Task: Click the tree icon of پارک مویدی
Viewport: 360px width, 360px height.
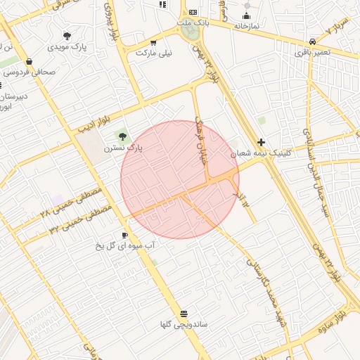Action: pyautogui.click(x=67, y=36)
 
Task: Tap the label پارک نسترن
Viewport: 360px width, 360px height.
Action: pyautogui.click(x=123, y=148)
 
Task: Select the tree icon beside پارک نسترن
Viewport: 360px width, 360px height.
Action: pyautogui.click(x=123, y=136)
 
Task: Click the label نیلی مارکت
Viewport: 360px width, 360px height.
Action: pyautogui.click(x=153, y=53)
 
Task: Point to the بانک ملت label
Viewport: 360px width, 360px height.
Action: pyautogui.click(x=193, y=23)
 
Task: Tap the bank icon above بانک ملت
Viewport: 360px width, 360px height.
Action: pyautogui.click(x=193, y=12)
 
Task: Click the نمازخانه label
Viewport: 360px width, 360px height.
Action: pyautogui.click(x=247, y=26)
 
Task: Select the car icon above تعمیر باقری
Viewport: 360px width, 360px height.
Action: pyautogui.click(x=312, y=40)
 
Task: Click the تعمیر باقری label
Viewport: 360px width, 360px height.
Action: pyautogui.click(x=311, y=52)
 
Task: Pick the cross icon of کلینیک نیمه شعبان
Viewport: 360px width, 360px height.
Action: pyautogui.click(x=261, y=142)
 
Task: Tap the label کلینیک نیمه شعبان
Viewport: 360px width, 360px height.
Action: pyautogui.click(x=261, y=153)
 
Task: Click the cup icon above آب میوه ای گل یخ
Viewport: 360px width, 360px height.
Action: pyautogui.click(x=124, y=235)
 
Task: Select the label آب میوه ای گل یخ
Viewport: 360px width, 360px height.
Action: pyautogui.click(x=124, y=246)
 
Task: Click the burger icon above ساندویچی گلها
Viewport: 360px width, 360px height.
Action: pyautogui.click(x=184, y=313)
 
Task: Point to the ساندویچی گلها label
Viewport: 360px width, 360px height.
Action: pyautogui.click(x=184, y=325)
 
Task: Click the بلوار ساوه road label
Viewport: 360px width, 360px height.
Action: pyautogui.click(x=333, y=321)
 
